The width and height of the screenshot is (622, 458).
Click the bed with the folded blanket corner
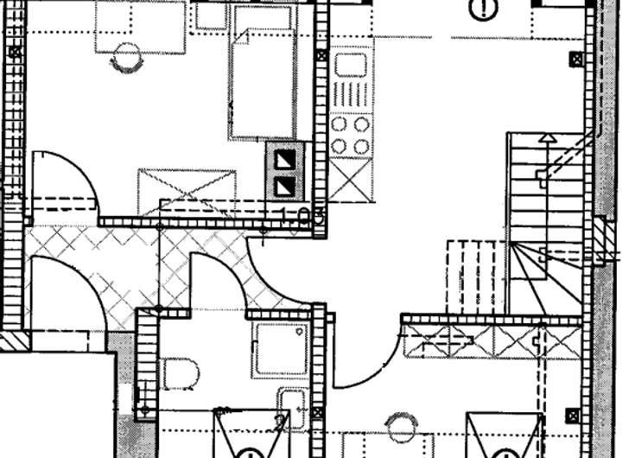(263, 82)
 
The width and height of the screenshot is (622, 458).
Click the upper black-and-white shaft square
(284, 159)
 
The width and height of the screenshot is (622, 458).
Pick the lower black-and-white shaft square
(284, 185)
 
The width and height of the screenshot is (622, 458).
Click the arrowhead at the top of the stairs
(546, 137)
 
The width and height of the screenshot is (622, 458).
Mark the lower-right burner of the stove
(362, 146)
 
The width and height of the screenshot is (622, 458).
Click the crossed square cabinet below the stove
(351, 179)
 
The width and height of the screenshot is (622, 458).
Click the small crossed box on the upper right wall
(575, 60)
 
